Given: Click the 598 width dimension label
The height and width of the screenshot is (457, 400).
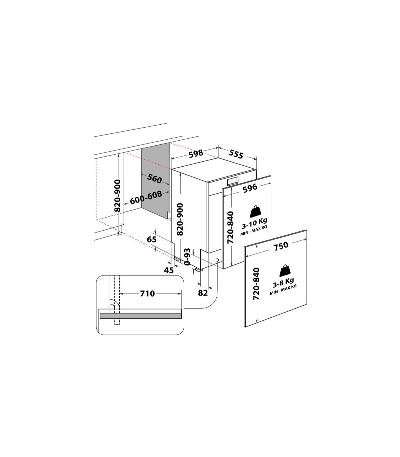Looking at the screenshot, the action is tap(196, 154).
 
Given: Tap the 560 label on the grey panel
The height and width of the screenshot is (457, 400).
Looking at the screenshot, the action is tap(154, 179).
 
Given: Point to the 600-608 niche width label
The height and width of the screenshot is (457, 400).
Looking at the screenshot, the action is tap(146, 198).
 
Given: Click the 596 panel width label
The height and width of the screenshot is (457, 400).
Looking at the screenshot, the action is tap(250, 188).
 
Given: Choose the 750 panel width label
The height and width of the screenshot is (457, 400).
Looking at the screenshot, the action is tap(281, 245).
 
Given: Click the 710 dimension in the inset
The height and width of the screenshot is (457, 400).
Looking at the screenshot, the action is tap(147, 293).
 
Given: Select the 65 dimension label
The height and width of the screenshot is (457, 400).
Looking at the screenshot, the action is tap(152, 239).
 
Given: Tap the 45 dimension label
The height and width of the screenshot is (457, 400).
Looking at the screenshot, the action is tap(169, 270).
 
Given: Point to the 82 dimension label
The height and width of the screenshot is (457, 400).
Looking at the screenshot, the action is tap(203, 293).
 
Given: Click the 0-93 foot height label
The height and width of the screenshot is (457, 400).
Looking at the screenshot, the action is tap(187, 257).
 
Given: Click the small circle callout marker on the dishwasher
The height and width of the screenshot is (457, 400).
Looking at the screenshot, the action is tap(217, 260).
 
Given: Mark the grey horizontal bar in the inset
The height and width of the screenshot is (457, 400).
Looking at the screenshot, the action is tap(141, 316).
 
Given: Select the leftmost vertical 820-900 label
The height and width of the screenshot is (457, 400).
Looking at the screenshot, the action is tap(118, 196).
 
